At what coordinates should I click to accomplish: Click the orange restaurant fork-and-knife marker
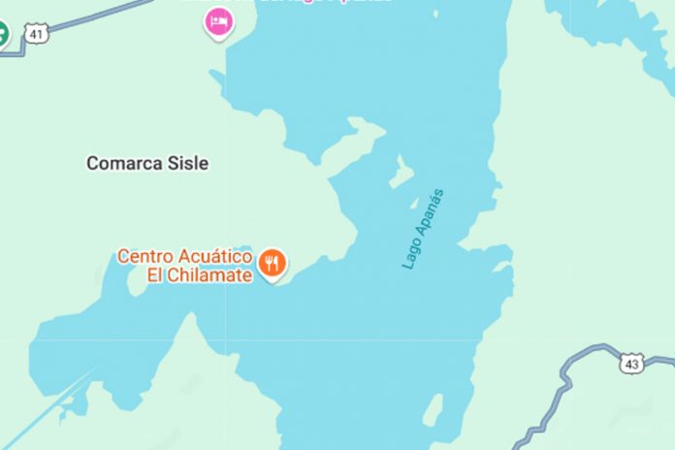pyautogui.click(x=273, y=261)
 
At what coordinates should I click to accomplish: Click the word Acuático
pyautogui.click(x=214, y=257)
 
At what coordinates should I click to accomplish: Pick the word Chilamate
pyautogui.click(x=215, y=275)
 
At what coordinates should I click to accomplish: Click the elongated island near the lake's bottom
pyautogui.click(x=433, y=408)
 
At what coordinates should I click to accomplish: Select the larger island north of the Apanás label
pyautogui.click(x=401, y=173)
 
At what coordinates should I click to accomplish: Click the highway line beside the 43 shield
pyautogui.click(x=582, y=355)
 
